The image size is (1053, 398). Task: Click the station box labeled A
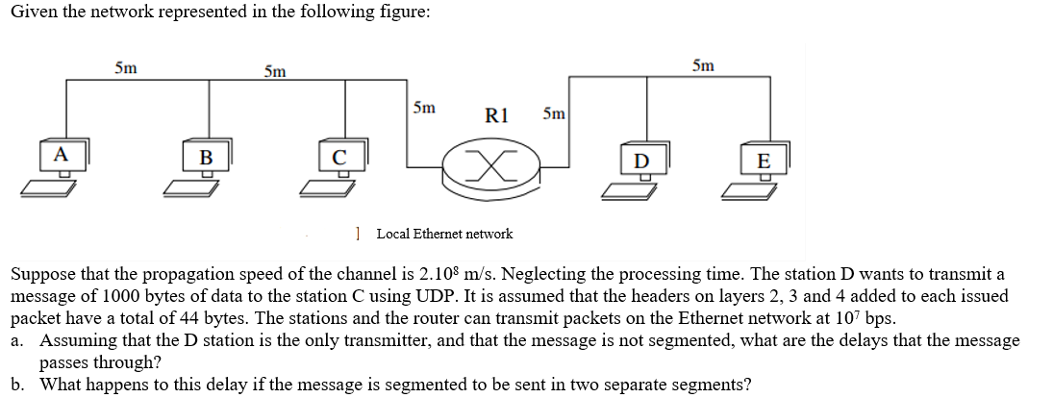tap(60, 155)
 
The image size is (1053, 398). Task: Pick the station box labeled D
tap(641, 159)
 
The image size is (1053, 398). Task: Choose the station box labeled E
tap(764, 159)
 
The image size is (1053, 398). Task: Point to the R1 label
tap(496, 116)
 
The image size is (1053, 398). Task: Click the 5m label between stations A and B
tap(125, 67)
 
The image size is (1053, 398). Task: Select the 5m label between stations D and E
tap(703, 65)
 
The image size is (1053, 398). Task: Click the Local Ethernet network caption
tap(444, 234)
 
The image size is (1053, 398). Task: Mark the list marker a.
tap(17, 340)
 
